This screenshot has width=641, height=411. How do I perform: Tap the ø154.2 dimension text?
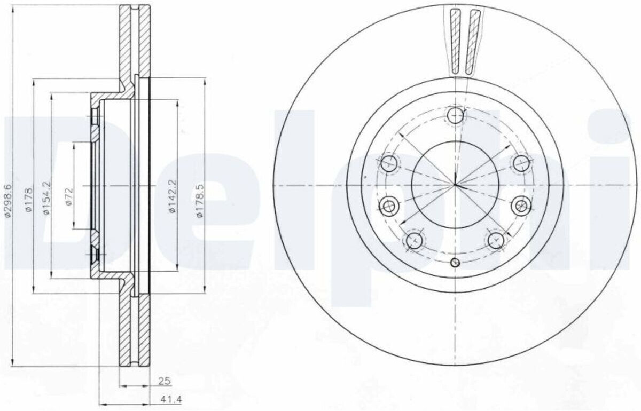(46, 198)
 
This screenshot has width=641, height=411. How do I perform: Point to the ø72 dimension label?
(69, 196)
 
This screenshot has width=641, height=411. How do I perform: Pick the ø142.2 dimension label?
(172, 196)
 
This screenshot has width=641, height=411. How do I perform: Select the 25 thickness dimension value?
(165, 381)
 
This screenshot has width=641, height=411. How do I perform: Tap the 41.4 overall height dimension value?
(171, 399)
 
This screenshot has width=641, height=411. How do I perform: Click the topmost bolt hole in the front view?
(455, 115)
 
